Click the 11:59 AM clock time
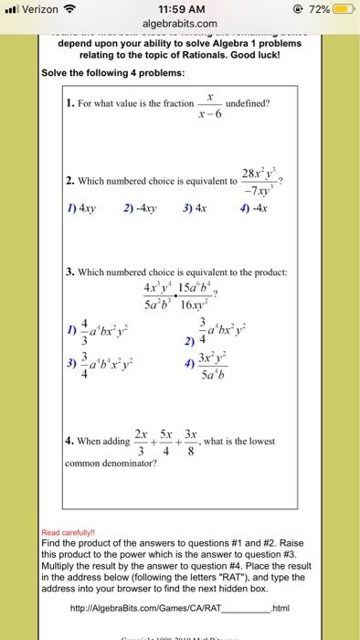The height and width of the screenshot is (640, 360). (x=179, y=10)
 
